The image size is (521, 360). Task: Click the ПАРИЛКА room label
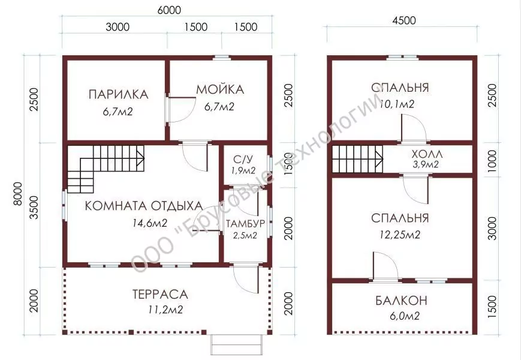tap(118, 94)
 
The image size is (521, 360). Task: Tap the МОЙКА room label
tap(220, 89)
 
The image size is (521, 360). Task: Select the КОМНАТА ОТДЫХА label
tap(144, 206)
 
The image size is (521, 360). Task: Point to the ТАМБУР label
tap(245, 223)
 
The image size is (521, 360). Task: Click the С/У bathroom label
tap(243, 160)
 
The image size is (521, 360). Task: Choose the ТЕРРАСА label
tap(160, 294)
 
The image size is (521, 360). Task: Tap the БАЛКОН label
tap(401, 301)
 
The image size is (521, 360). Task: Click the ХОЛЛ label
tap(427, 154)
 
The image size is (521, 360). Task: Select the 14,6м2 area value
tap(150, 223)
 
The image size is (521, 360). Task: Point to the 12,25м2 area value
tap(400, 235)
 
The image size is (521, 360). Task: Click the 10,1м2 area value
tap(397, 104)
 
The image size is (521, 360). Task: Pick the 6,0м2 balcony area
tap(404, 316)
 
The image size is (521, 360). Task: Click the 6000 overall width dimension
tap(169, 10)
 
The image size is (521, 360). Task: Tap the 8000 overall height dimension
tap(17, 194)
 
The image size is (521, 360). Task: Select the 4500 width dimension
tap(403, 20)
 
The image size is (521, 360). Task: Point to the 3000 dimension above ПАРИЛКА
tap(118, 26)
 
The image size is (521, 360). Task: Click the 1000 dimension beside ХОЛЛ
tap(492, 161)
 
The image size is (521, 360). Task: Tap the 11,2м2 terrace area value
tap(166, 310)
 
